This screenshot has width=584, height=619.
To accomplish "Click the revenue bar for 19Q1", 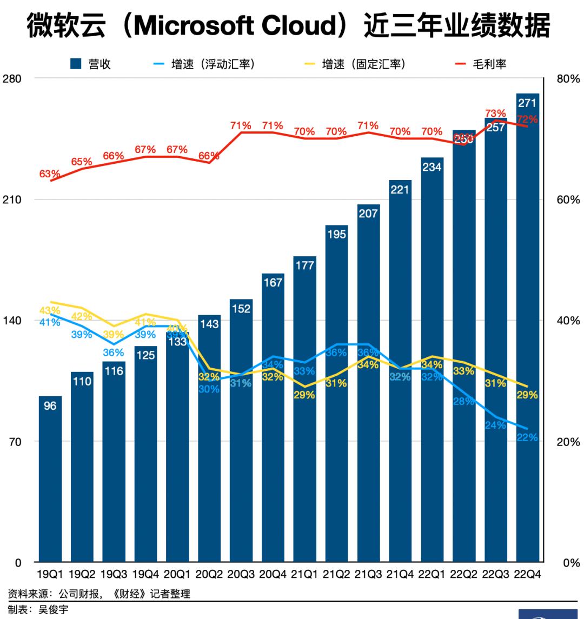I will pos(50,487).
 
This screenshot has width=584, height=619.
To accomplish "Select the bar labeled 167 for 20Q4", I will pos(273,432).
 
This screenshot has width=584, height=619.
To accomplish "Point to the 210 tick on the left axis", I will pos(11,199).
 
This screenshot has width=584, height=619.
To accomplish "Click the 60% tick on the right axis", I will pos(568,199).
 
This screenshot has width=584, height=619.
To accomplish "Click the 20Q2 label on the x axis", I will pos(209,574).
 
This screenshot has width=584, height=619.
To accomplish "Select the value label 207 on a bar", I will pos(368,214).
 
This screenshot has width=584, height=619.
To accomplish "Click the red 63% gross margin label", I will pos(50,174).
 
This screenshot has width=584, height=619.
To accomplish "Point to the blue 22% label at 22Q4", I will pos(527,437).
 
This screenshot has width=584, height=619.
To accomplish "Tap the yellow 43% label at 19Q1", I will pos(50,311).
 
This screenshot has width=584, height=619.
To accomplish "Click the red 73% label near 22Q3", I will pos(495,114).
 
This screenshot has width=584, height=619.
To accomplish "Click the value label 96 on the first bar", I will pos(50,405).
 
